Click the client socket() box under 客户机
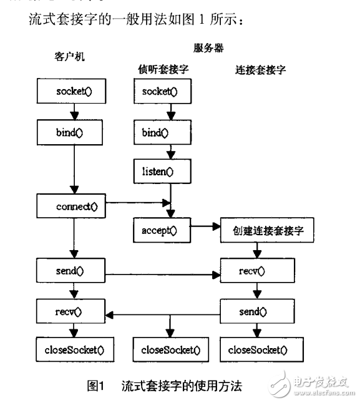point(74,92)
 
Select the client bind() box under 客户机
point(74,132)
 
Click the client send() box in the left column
point(74,271)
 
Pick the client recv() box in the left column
point(74,310)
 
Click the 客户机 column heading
point(69,56)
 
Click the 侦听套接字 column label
point(163,70)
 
